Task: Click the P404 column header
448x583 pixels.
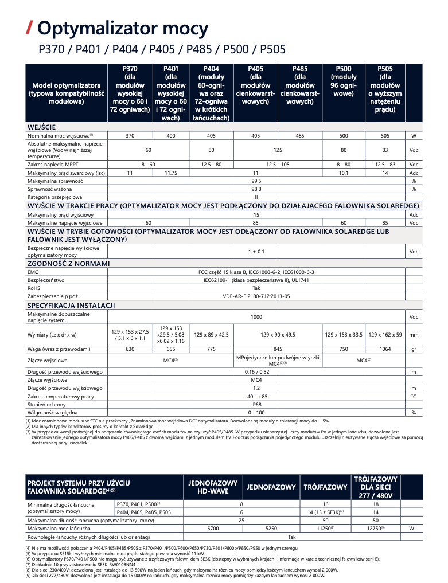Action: click(211, 93)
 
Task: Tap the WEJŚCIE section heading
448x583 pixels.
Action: click(42, 126)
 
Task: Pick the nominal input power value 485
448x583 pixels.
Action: click(300, 135)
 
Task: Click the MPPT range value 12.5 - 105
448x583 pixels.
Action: click(278, 165)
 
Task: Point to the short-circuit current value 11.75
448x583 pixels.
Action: click(170, 173)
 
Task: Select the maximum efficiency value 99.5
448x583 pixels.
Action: click(256, 181)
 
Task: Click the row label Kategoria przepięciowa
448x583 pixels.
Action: click(56, 197)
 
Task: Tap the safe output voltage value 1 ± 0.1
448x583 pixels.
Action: click(256, 251)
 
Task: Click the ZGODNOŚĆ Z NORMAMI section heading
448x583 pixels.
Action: click(69, 264)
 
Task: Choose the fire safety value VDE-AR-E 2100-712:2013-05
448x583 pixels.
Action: click(256, 296)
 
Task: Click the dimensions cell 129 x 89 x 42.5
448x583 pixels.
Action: click(211, 334)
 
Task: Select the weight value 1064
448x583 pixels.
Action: click(385, 349)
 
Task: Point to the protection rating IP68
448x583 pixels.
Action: click(256, 404)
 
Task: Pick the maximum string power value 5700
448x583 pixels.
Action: click(213, 527)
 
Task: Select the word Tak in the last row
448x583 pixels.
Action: click(292, 537)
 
